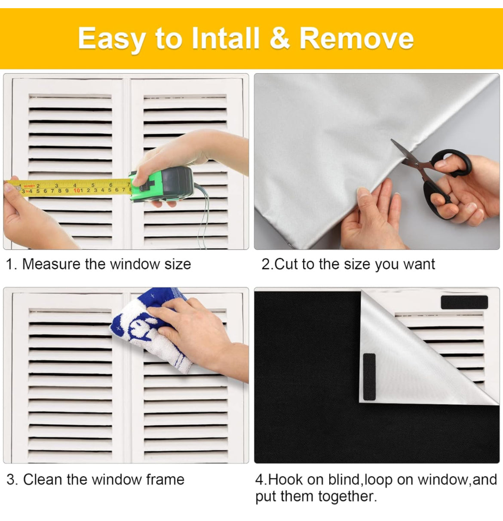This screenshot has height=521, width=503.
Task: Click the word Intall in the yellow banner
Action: (226, 38)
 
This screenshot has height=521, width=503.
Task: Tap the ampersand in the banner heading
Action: (279, 38)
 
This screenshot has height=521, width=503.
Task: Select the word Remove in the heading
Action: (357, 38)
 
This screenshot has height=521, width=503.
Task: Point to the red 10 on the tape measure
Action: (77, 191)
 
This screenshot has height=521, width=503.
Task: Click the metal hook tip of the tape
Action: (18, 188)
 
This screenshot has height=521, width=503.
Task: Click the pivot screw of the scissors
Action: (417, 163)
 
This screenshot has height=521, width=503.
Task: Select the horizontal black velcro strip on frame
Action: (464, 302)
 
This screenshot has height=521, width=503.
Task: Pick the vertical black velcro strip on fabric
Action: (369, 377)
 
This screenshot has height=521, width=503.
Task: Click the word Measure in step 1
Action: (51, 264)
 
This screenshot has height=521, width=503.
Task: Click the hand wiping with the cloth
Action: (198, 335)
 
